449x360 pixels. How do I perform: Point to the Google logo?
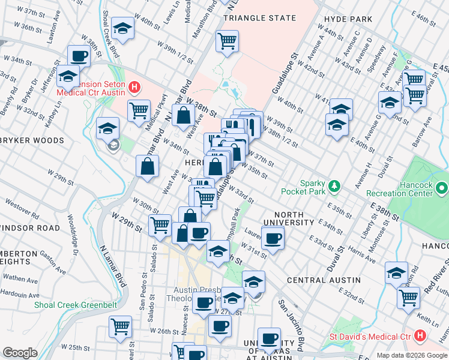coord(20,353)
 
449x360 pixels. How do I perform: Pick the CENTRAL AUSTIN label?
coord(324,280)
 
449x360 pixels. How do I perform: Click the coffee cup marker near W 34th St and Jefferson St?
coord(79,56)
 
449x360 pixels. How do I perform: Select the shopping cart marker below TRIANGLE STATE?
coord(227,41)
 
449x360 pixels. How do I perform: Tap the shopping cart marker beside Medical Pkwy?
coord(139,110)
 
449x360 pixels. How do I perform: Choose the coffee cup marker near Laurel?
coord(273,238)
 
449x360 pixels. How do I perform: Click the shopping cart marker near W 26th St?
coord(121,326)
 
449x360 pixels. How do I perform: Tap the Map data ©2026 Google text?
coord(411,355)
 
